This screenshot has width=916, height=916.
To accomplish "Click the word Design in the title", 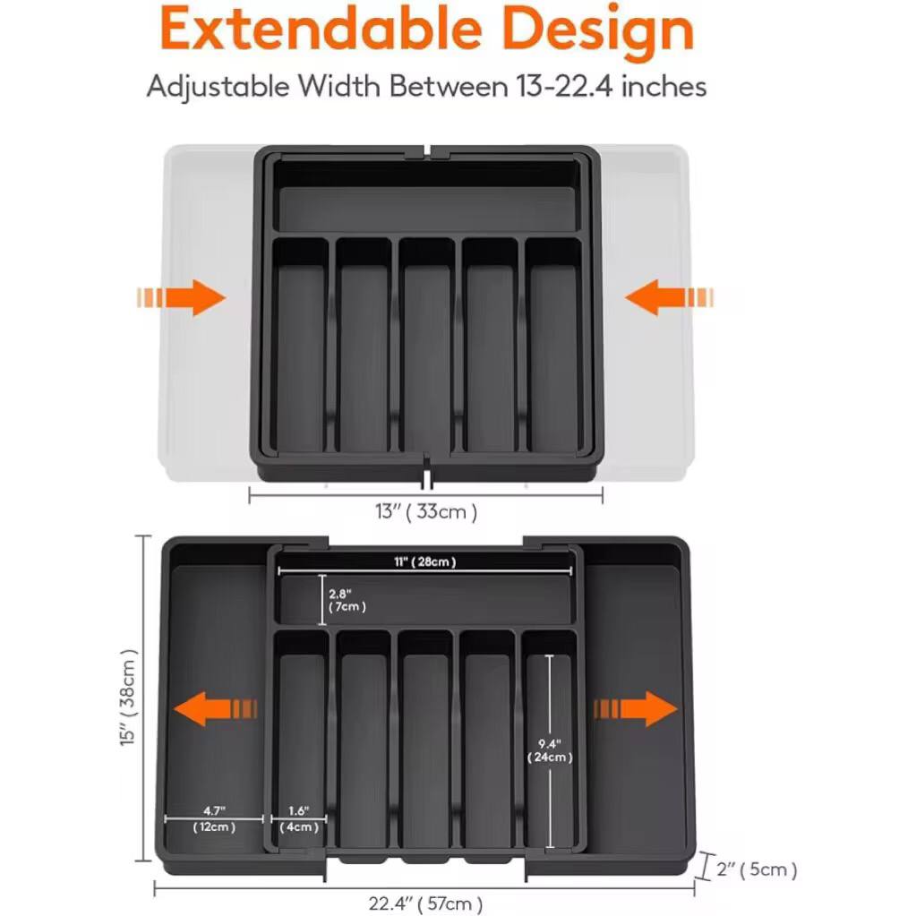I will coord(597,29).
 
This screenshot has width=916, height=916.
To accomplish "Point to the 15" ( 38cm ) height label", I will coord(131,698).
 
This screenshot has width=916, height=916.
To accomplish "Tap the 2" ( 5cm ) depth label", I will coord(758,869).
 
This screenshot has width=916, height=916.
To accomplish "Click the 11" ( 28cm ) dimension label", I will coord(426,562).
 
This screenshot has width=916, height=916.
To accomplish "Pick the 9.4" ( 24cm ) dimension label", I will coord(549,750).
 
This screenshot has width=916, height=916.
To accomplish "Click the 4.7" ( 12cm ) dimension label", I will coord(214,819).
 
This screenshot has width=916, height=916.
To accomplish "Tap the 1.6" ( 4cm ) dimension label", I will coord(299,819).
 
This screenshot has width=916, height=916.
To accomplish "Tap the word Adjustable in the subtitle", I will coord(218,87).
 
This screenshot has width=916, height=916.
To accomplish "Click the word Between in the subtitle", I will coord(446,87).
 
